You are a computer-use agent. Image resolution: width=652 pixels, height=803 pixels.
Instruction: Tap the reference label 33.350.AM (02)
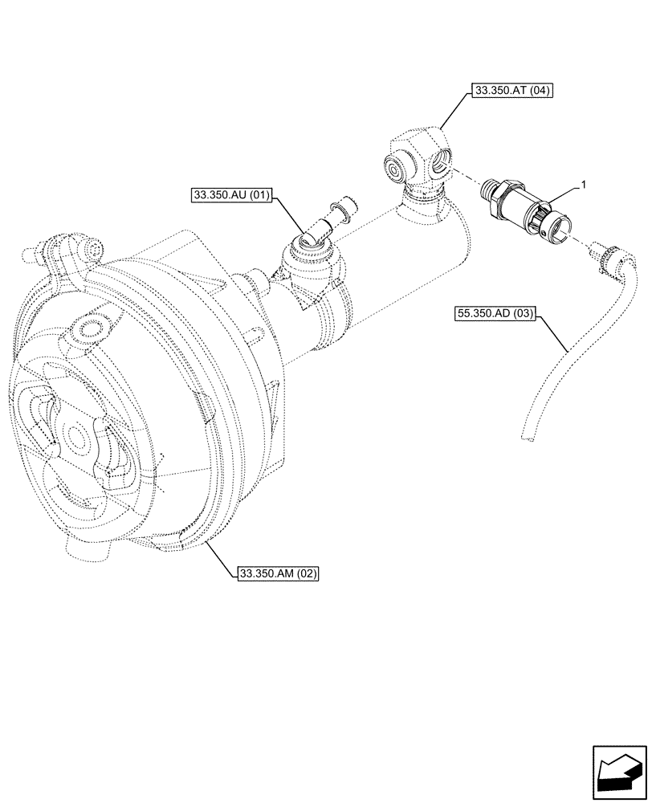pos(279,573)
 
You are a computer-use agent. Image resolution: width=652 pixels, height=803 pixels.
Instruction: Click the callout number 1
pos(584,185)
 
